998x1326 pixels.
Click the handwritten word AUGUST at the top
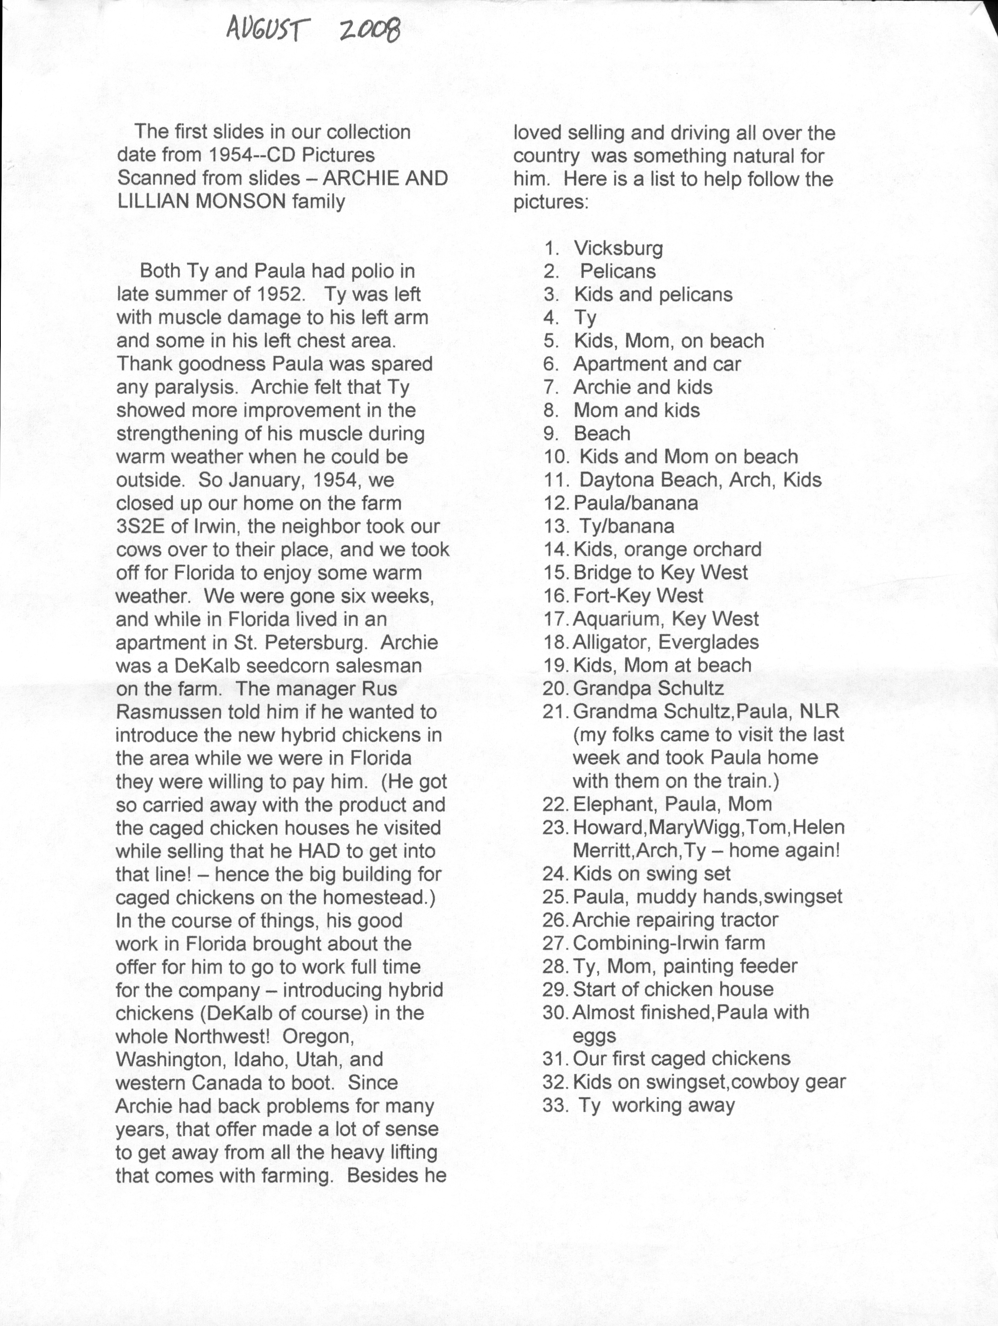tap(268, 29)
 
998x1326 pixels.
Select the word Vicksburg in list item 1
tap(619, 248)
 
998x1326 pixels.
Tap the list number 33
tap(555, 1105)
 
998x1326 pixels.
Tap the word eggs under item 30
tap(594, 1036)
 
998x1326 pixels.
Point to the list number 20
tap(555, 689)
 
